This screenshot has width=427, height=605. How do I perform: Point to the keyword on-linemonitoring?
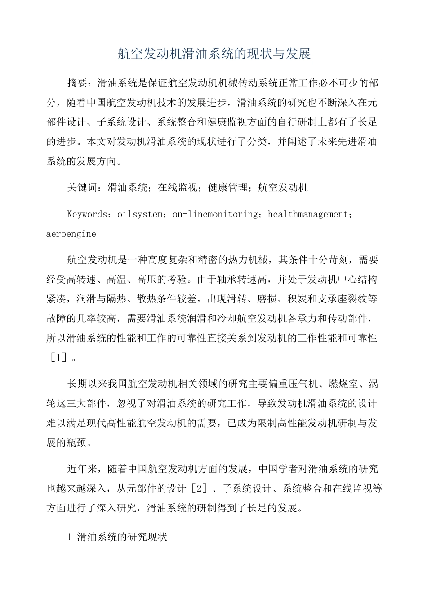pos(214,214)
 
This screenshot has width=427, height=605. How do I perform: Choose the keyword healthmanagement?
pos(308,214)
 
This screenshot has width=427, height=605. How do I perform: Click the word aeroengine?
pos(71,234)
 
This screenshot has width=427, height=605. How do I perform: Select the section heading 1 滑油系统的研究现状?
pos(117,537)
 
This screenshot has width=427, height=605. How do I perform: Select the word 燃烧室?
pos(344,384)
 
